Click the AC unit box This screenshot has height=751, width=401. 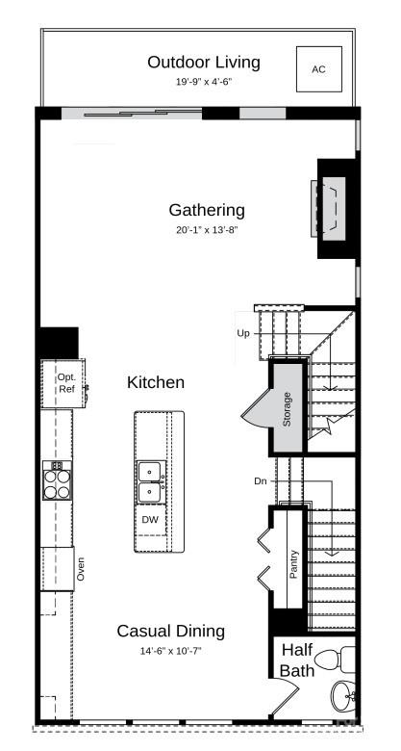pyautogui.click(x=318, y=68)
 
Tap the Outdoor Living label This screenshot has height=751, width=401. pyautogui.click(x=203, y=63)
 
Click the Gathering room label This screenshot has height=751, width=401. pyautogui.click(x=207, y=210)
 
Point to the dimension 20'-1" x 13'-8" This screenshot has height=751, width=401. pyautogui.click(x=207, y=230)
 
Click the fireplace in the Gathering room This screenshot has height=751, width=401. pyautogui.click(x=333, y=207)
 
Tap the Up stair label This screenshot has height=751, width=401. pyautogui.click(x=243, y=333)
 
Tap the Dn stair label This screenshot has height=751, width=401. pyautogui.click(x=261, y=480)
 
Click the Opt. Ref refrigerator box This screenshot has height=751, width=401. pyautogui.click(x=64, y=382)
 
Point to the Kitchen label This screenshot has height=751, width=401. pyautogui.click(x=156, y=382)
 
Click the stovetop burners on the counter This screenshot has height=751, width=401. pyautogui.click(x=57, y=479)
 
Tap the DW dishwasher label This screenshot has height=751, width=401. pyautogui.click(x=150, y=519)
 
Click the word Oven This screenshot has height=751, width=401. pyautogui.click(x=82, y=569)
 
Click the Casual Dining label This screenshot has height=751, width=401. pyautogui.click(x=170, y=632)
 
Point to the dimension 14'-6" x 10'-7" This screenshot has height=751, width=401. pyautogui.click(x=170, y=651)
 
